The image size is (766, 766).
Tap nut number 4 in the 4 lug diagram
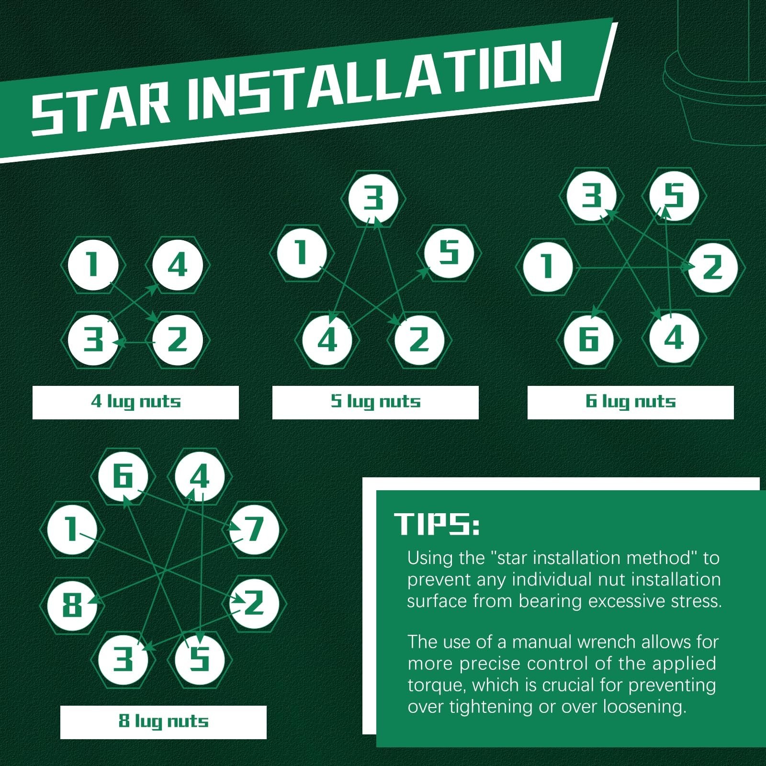tap(177, 265)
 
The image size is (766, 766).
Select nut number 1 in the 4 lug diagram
tap(93, 265)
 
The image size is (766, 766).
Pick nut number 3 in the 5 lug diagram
tap(373, 198)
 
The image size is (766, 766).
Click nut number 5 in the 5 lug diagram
tap(449, 253)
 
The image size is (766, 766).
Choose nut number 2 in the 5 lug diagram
tap(419, 340)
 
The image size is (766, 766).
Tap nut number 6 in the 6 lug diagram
tap(589, 339)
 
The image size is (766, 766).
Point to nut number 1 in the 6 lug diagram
tap(548, 267)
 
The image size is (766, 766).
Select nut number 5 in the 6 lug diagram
tap(674, 196)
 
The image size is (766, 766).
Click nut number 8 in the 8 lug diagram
tap(72, 605)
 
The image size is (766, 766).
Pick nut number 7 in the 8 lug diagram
tap(254, 529)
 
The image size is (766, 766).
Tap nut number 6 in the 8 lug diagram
tap(123, 476)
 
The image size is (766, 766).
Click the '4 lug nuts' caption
tap(135, 402)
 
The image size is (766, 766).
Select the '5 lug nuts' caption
tap(375, 402)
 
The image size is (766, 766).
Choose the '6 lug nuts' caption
tap(631, 402)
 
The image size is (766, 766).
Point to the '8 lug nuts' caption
tap(163, 721)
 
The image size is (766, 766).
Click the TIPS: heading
tap(437, 524)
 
